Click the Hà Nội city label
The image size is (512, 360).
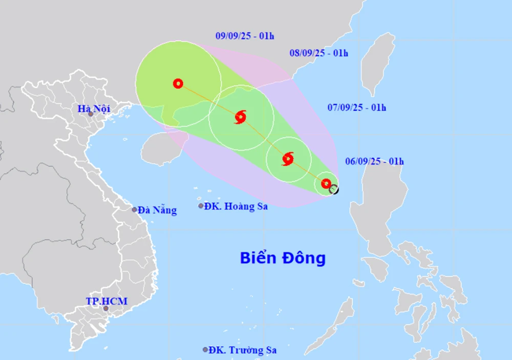95,108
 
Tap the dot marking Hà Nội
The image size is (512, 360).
91,114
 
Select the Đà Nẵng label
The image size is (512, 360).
158,210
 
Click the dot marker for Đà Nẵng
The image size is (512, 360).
135,209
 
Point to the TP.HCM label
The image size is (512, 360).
106,301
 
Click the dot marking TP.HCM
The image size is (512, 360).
106,308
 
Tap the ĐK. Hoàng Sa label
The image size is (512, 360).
236,206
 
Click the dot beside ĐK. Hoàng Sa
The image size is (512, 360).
201,206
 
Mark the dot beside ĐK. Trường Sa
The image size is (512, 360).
205,350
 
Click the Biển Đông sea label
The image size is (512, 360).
283,258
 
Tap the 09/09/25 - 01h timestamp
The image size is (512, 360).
245,36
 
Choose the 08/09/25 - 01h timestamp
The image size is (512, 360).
318,53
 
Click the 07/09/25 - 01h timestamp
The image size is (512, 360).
356,107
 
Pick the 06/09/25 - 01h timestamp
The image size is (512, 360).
374,161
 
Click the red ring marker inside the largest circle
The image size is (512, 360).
178,83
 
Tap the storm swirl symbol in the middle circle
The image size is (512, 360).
241,117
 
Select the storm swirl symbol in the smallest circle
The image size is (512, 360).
288,159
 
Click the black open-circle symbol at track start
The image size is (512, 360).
334,189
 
